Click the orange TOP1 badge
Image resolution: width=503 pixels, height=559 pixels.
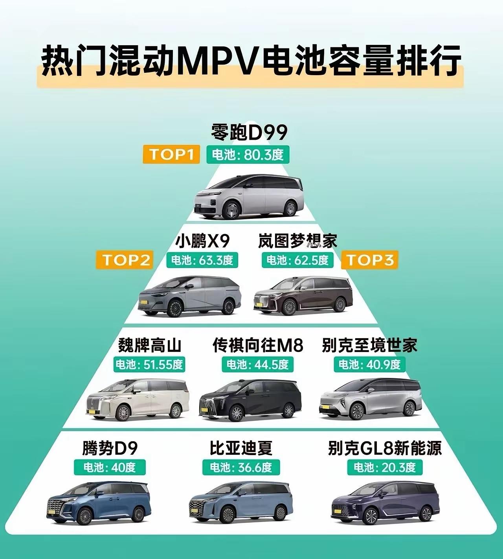tap(171, 154)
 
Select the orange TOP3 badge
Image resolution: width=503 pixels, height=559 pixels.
tap(370, 260)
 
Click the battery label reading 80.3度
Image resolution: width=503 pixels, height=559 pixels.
tap(248, 154)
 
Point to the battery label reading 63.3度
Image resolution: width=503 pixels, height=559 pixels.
tap(202, 260)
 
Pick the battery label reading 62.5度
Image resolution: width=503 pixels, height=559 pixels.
tap(297, 260)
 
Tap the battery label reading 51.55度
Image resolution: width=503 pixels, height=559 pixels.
tap(149, 365)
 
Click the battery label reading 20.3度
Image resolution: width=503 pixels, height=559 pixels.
tap(384, 467)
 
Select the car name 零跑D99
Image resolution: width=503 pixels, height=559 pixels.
tap(249, 133)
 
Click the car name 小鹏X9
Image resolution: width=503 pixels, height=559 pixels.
tap(202, 241)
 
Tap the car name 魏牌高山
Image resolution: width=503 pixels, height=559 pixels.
tap(150, 345)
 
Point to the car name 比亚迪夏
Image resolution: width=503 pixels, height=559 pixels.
tap(241, 448)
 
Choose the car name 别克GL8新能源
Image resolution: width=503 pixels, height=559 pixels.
tap(385, 448)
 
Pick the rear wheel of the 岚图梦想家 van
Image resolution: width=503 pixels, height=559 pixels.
tap(340, 304)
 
